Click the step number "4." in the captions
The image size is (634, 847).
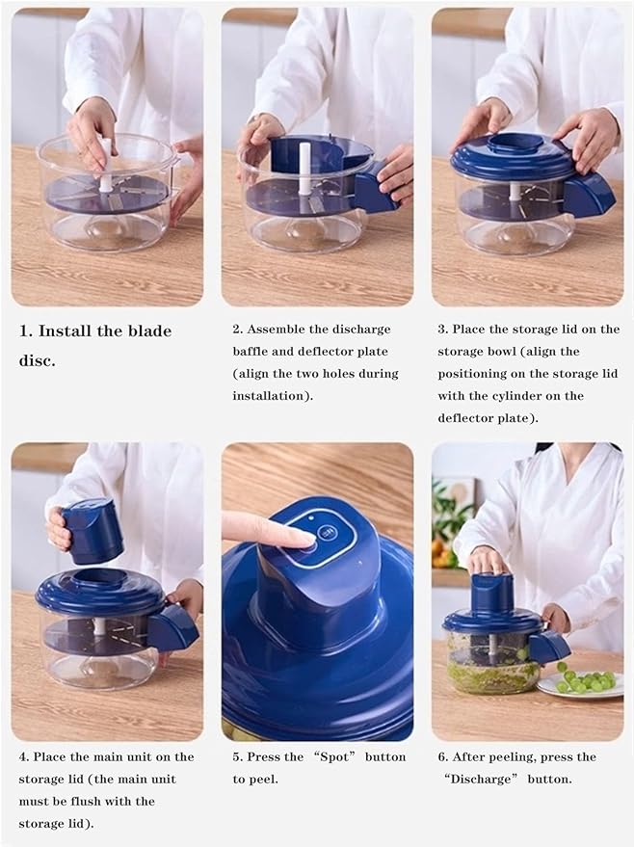click(23, 756)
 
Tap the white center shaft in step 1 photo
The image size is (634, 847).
click(106, 165)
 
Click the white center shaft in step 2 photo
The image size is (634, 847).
click(305, 168)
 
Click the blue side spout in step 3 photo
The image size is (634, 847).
click(589, 194)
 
